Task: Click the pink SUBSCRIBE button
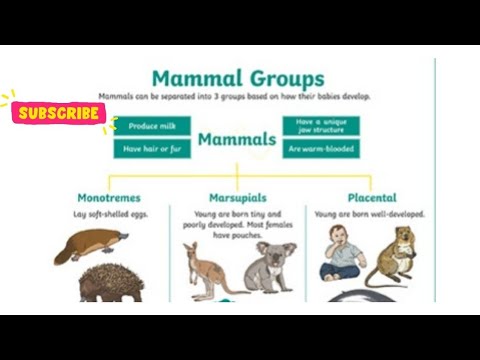tap(59, 113)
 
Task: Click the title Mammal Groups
tap(237, 78)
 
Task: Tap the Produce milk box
tap(152, 126)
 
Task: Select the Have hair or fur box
tap(152, 149)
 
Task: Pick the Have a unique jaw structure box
tap(320, 126)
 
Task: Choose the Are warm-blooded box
tap(320, 149)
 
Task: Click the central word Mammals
tap(236, 139)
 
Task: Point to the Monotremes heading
tap(109, 198)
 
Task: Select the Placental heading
tap(371, 198)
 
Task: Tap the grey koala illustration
tap(271, 266)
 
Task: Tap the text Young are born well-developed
tap(369, 214)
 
